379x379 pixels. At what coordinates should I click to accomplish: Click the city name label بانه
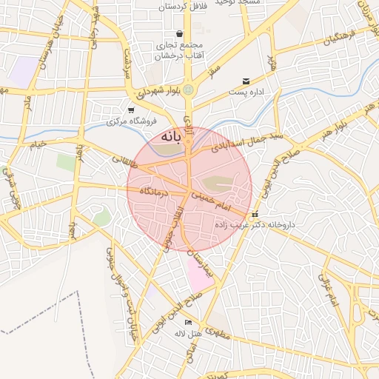(175, 138)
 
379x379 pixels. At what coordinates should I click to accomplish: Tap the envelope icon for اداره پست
(246, 81)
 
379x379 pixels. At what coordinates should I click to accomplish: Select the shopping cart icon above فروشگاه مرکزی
(131, 110)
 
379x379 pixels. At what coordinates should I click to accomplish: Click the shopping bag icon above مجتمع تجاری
(180, 33)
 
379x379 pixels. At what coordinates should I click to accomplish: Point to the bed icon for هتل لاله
(188, 323)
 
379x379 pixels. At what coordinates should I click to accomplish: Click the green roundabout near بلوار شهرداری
(189, 90)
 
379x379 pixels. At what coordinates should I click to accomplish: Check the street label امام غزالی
(327, 288)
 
